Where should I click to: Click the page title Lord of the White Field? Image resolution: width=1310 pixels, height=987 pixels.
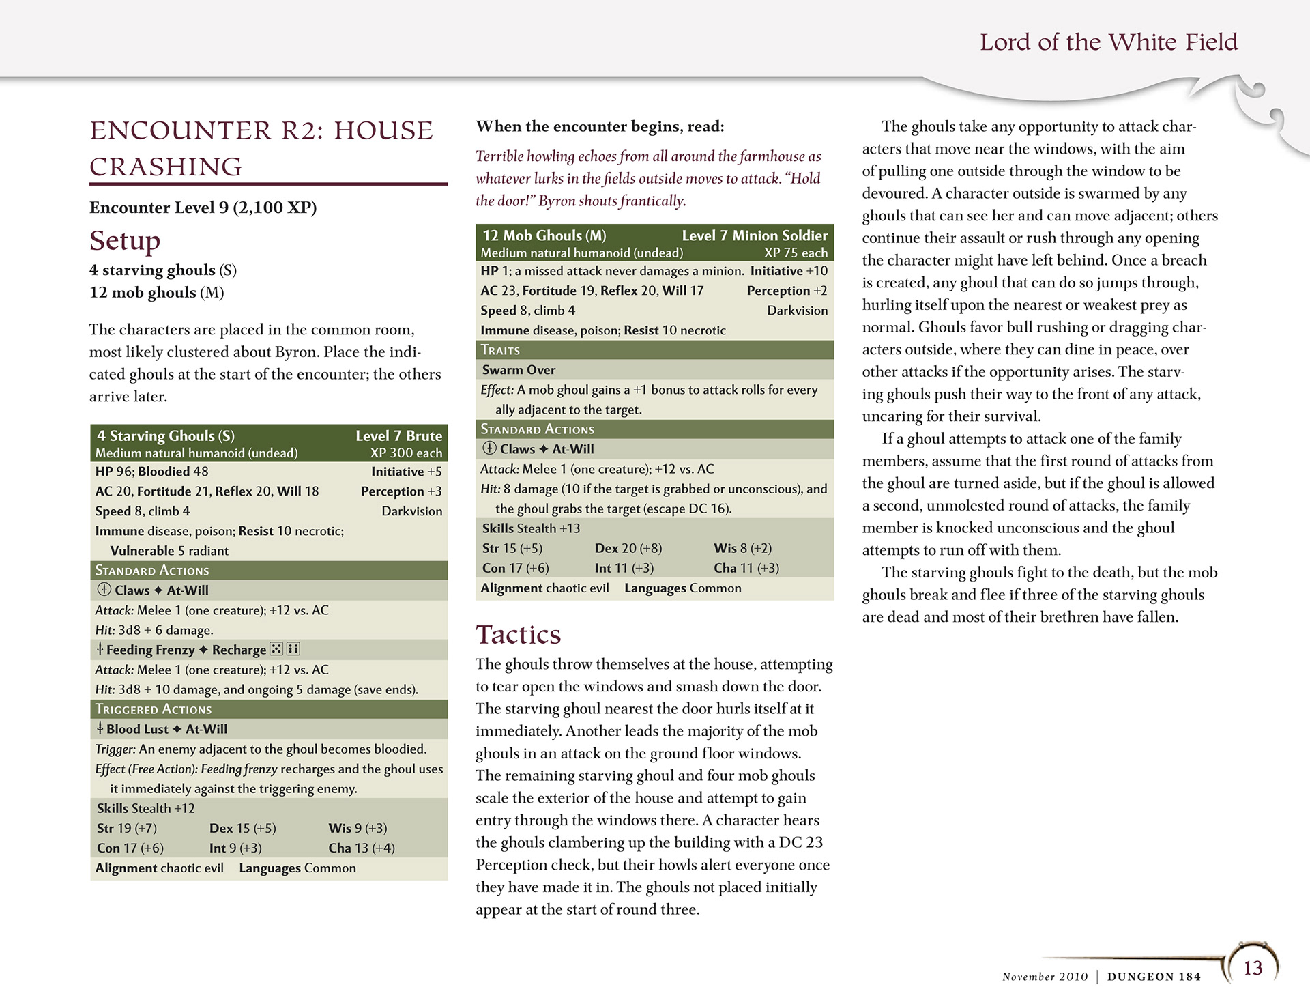pyautogui.click(x=1108, y=42)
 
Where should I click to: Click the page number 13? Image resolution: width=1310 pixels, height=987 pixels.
pyautogui.click(x=1253, y=968)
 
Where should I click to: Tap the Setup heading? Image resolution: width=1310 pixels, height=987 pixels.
pyautogui.click(x=125, y=240)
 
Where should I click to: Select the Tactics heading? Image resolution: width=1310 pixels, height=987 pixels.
pyautogui.click(x=518, y=635)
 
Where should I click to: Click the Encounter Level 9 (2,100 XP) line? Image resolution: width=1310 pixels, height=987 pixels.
pyautogui.click(x=203, y=208)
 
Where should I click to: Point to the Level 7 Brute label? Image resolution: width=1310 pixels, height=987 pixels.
pyautogui.click(x=398, y=435)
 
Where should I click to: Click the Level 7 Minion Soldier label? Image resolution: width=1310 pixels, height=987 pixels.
pyautogui.click(x=755, y=235)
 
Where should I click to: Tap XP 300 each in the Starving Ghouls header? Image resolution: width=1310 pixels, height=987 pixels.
pyautogui.click(x=406, y=453)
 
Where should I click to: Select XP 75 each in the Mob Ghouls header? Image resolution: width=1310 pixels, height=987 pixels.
pyautogui.click(x=796, y=253)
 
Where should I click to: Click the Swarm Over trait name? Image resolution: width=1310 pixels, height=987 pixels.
pyautogui.click(x=519, y=370)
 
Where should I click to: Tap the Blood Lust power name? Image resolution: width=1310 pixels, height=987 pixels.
pyautogui.click(x=137, y=729)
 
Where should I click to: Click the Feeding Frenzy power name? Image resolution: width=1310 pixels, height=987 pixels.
pyautogui.click(x=150, y=650)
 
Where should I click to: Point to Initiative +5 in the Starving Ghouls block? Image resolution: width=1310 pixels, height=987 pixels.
pyautogui.click(x=406, y=472)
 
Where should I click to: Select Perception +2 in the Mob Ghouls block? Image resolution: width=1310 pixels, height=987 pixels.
pyautogui.click(x=787, y=291)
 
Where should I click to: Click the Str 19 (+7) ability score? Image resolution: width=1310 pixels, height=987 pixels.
pyautogui.click(x=127, y=828)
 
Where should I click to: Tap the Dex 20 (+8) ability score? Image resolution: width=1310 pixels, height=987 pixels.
pyautogui.click(x=628, y=548)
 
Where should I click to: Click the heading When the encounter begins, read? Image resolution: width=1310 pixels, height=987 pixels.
pyautogui.click(x=600, y=126)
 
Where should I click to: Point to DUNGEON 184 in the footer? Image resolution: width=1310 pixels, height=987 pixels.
pyautogui.click(x=1153, y=977)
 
